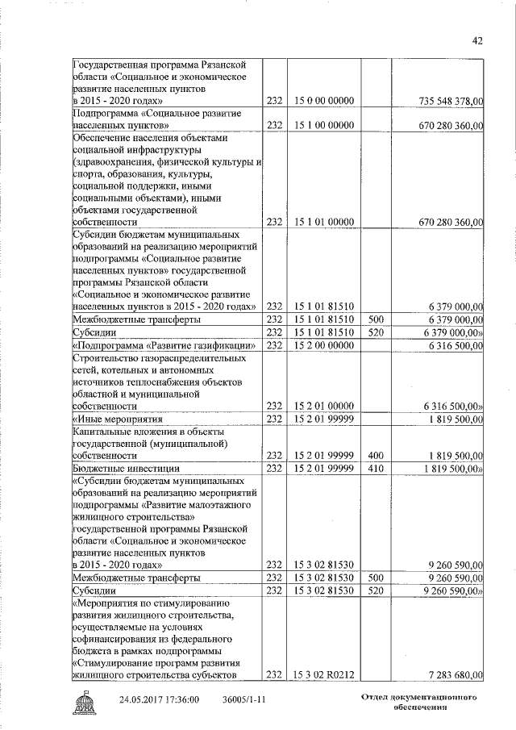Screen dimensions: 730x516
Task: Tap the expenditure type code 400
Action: click(x=375, y=455)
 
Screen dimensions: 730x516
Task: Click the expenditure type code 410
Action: click(x=375, y=468)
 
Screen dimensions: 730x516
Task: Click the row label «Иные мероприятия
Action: click(x=118, y=419)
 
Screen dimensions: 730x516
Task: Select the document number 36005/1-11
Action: click(x=245, y=699)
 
